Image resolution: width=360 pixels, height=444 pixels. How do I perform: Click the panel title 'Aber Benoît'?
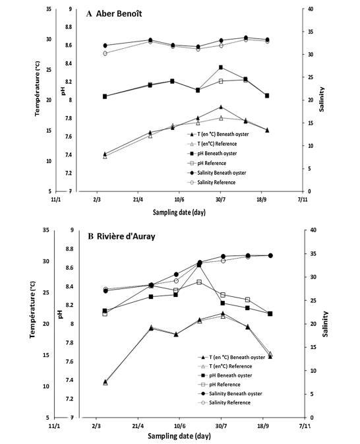119,14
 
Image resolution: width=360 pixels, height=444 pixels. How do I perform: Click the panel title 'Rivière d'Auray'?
126,236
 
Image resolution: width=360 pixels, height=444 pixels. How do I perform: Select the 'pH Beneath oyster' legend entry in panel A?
217,154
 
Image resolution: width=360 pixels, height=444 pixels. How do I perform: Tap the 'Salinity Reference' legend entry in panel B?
230,402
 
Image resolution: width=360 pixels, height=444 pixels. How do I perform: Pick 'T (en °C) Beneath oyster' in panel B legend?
237,358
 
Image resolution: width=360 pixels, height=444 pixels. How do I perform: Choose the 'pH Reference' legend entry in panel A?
212,163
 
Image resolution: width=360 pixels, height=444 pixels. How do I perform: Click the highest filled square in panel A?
221,67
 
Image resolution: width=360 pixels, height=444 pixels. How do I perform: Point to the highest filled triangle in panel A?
221,107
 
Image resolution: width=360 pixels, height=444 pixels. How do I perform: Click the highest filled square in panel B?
199,265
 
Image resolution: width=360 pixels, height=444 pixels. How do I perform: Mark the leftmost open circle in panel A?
105,53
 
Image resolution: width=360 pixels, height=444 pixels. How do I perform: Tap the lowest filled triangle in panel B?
105,382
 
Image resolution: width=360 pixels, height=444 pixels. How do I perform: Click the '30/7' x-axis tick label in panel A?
221,200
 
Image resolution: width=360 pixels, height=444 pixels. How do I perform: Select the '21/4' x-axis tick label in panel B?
138,426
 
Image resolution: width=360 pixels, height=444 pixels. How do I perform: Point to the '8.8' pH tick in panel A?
69,27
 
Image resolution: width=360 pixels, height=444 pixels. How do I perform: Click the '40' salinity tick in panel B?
313,230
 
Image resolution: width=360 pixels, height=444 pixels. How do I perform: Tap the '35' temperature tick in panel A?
49,9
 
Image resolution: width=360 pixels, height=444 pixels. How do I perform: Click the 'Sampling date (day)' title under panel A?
179,212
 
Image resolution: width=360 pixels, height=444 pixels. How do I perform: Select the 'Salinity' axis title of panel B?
326,324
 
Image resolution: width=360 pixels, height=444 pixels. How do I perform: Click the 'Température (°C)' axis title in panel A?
37,88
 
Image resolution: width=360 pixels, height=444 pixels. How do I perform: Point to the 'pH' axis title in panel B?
60,314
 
